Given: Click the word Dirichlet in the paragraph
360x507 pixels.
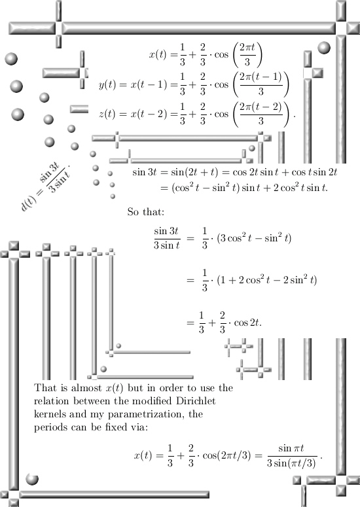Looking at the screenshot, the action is pyautogui.click(x=196, y=401).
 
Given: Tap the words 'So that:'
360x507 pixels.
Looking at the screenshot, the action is pyautogui.click(x=146, y=212).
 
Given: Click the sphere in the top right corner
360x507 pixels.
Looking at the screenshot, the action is pyautogui.click(x=324, y=48).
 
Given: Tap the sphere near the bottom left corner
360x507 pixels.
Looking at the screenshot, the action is pyautogui.click(x=32, y=479).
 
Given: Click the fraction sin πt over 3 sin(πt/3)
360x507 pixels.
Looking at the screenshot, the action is pyautogui.click(x=291, y=456).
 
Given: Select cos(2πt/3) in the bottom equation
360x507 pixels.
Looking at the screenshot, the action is pyautogui.click(x=226, y=455).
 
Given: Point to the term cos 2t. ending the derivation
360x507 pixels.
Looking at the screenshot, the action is pyautogui.click(x=248, y=323).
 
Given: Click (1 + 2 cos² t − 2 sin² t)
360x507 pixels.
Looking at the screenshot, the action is pyautogui.click(x=267, y=280).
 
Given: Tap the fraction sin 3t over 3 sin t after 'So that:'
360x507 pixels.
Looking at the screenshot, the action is pyautogui.click(x=167, y=238).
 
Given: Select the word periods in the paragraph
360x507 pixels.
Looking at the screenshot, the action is pyautogui.click(x=51, y=428).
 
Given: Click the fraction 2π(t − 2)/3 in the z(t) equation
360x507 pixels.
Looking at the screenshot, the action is pyautogui.click(x=261, y=114).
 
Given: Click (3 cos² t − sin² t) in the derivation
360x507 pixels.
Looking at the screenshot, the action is pyautogui.click(x=254, y=238).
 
